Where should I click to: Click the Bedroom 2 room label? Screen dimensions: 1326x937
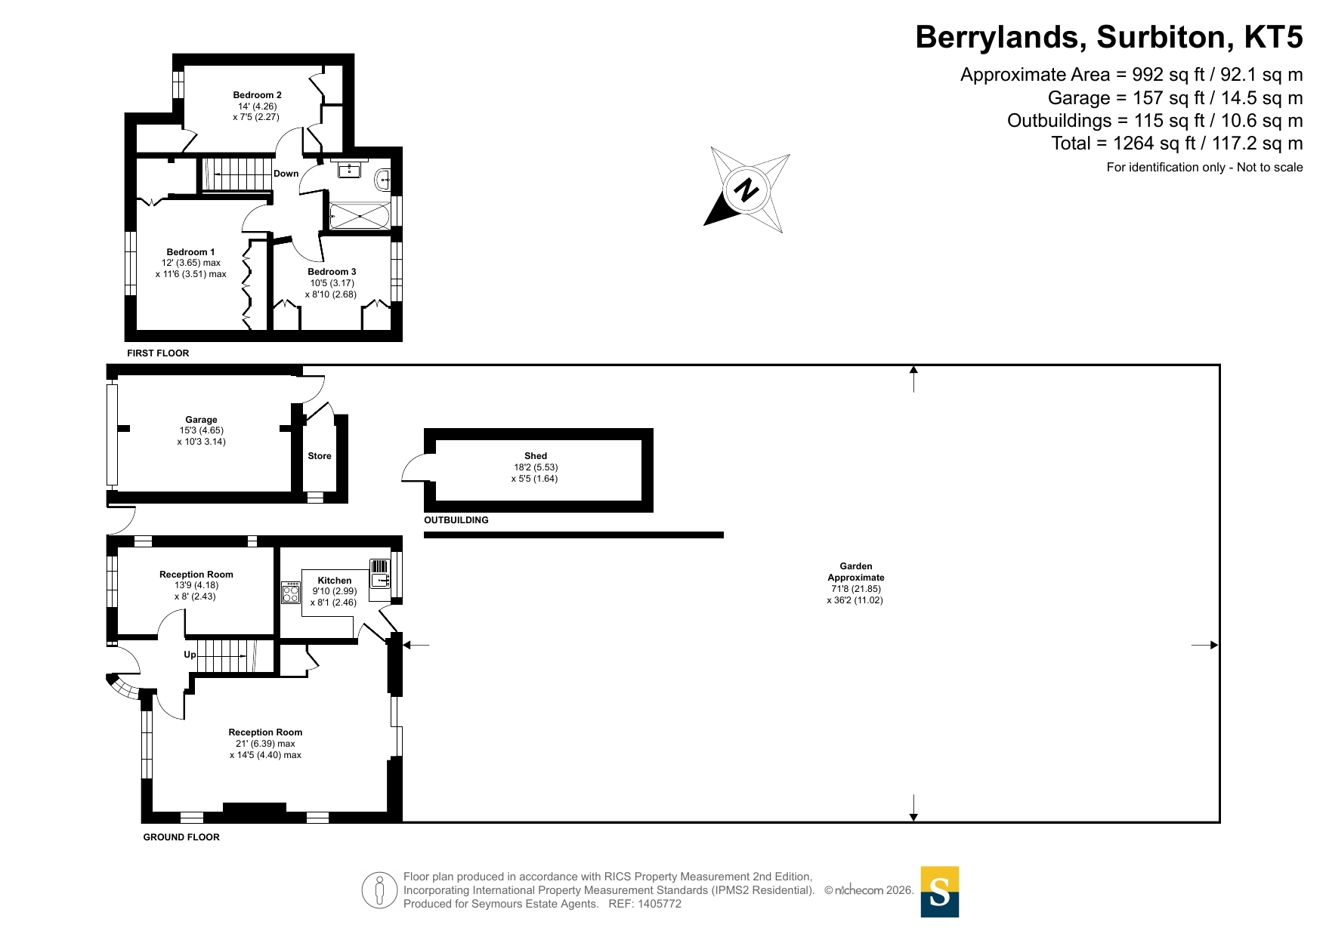tap(257, 95)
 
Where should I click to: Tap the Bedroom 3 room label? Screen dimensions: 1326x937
tap(332, 272)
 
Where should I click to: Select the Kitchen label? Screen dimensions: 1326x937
tap(335, 581)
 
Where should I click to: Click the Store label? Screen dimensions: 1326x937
tap(320, 456)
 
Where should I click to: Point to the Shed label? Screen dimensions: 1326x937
tap(536, 456)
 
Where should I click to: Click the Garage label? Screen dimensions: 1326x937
tap(201, 420)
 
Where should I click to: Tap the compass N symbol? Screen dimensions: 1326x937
tap(746, 190)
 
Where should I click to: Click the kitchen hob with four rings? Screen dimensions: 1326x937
tap(291, 593)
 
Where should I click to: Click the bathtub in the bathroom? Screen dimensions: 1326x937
tap(360, 217)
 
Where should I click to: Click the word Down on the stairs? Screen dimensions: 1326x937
tap(286, 174)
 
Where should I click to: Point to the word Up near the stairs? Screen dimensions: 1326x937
tap(190, 655)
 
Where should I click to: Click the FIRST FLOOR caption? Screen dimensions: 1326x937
tap(158, 353)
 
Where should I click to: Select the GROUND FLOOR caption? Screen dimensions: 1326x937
tap(181, 837)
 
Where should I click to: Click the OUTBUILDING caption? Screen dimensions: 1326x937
tap(456, 520)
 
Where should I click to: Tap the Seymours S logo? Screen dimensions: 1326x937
tap(940, 892)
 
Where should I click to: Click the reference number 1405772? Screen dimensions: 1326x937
tap(660, 904)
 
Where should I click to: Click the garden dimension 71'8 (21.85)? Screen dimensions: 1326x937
tap(856, 589)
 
